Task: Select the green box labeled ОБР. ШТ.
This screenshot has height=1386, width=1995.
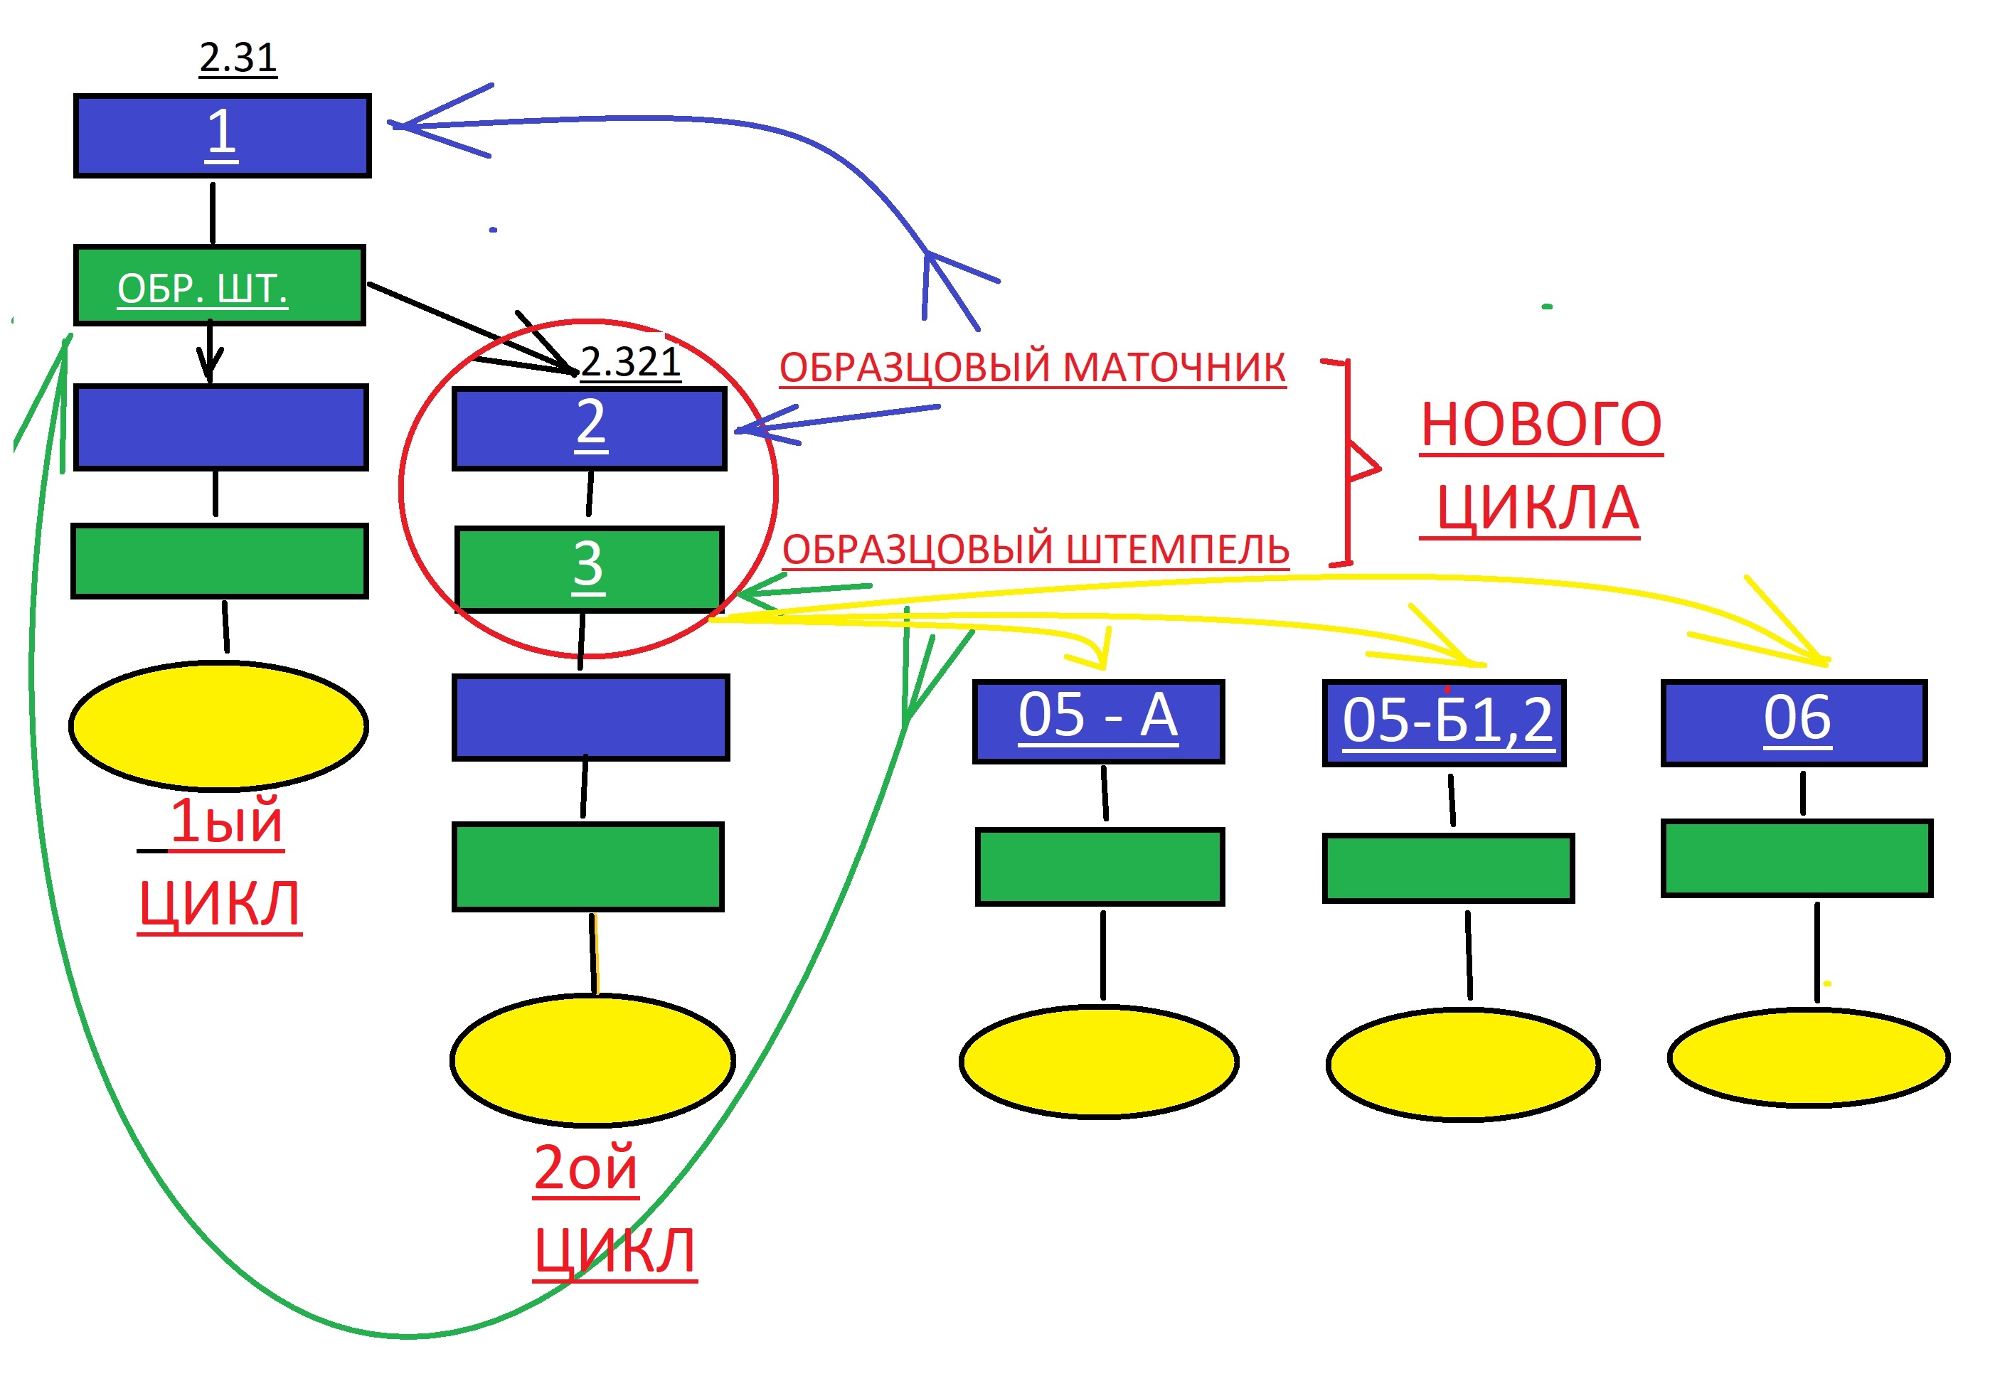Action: click(x=219, y=286)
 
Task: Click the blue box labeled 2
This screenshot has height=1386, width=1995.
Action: click(x=589, y=428)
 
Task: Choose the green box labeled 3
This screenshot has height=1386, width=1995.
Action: click(x=589, y=568)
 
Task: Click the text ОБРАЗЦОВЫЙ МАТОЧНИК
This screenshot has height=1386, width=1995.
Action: click(x=1031, y=368)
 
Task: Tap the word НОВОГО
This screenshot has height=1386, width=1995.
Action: click(x=1540, y=425)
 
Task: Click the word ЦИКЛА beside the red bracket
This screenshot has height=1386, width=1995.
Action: click(x=1536, y=508)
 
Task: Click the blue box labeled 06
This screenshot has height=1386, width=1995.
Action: click(x=1794, y=723)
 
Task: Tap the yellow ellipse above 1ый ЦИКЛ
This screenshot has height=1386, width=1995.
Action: click(x=218, y=725)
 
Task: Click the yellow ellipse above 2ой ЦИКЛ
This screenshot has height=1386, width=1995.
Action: click(x=592, y=1060)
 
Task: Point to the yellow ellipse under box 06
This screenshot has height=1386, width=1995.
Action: click(x=1807, y=1057)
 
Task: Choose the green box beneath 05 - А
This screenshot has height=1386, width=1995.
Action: click(x=1099, y=867)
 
